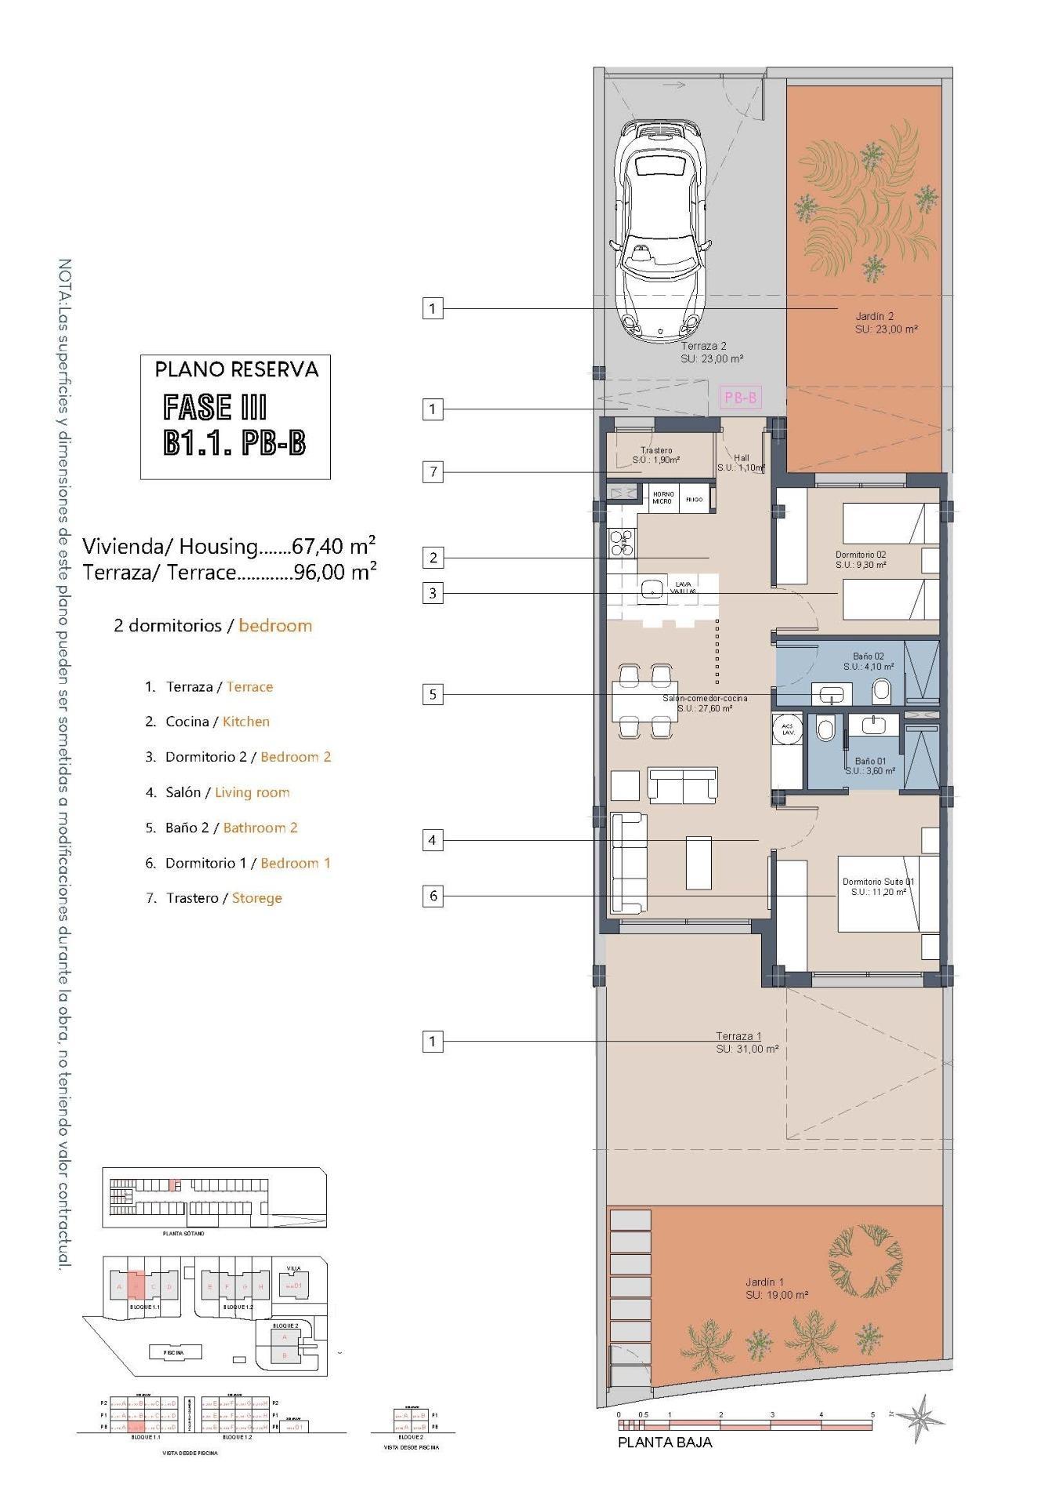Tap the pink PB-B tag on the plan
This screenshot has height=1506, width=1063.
click(740, 398)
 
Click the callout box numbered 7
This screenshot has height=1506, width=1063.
click(433, 471)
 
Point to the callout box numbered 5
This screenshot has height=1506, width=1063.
click(433, 694)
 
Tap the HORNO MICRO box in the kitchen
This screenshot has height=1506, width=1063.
click(662, 498)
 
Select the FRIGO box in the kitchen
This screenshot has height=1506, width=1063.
click(695, 499)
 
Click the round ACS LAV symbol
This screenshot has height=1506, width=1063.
click(787, 729)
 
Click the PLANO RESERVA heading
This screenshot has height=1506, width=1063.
click(236, 369)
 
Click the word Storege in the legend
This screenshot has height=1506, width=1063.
click(256, 898)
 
